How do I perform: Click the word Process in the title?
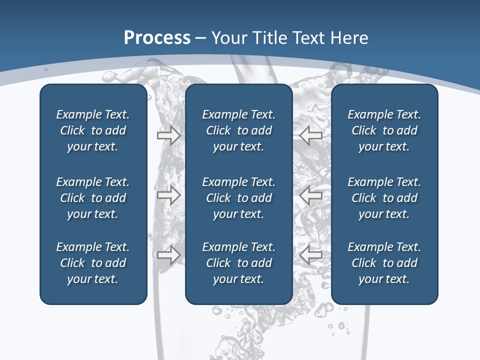[x=157, y=38]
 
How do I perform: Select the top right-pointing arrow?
[x=169, y=135]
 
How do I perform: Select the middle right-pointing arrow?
[x=169, y=195]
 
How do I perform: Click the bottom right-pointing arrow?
[x=169, y=255]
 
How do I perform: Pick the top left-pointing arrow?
[x=311, y=135]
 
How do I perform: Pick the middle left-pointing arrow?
[x=311, y=195]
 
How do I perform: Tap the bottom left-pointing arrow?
[x=311, y=255]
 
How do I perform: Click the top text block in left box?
[x=93, y=130]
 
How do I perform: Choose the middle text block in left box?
[x=93, y=198]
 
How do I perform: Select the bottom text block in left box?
[x=93, y=263]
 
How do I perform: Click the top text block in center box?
[x=239, y=130]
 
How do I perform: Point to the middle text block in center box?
[x=239, y=198]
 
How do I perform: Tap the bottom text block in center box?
[x=239, y=263]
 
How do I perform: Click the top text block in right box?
[x=384, y=130]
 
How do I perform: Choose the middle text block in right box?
[x=384, y=198]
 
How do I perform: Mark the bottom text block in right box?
[x=384, y=263]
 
